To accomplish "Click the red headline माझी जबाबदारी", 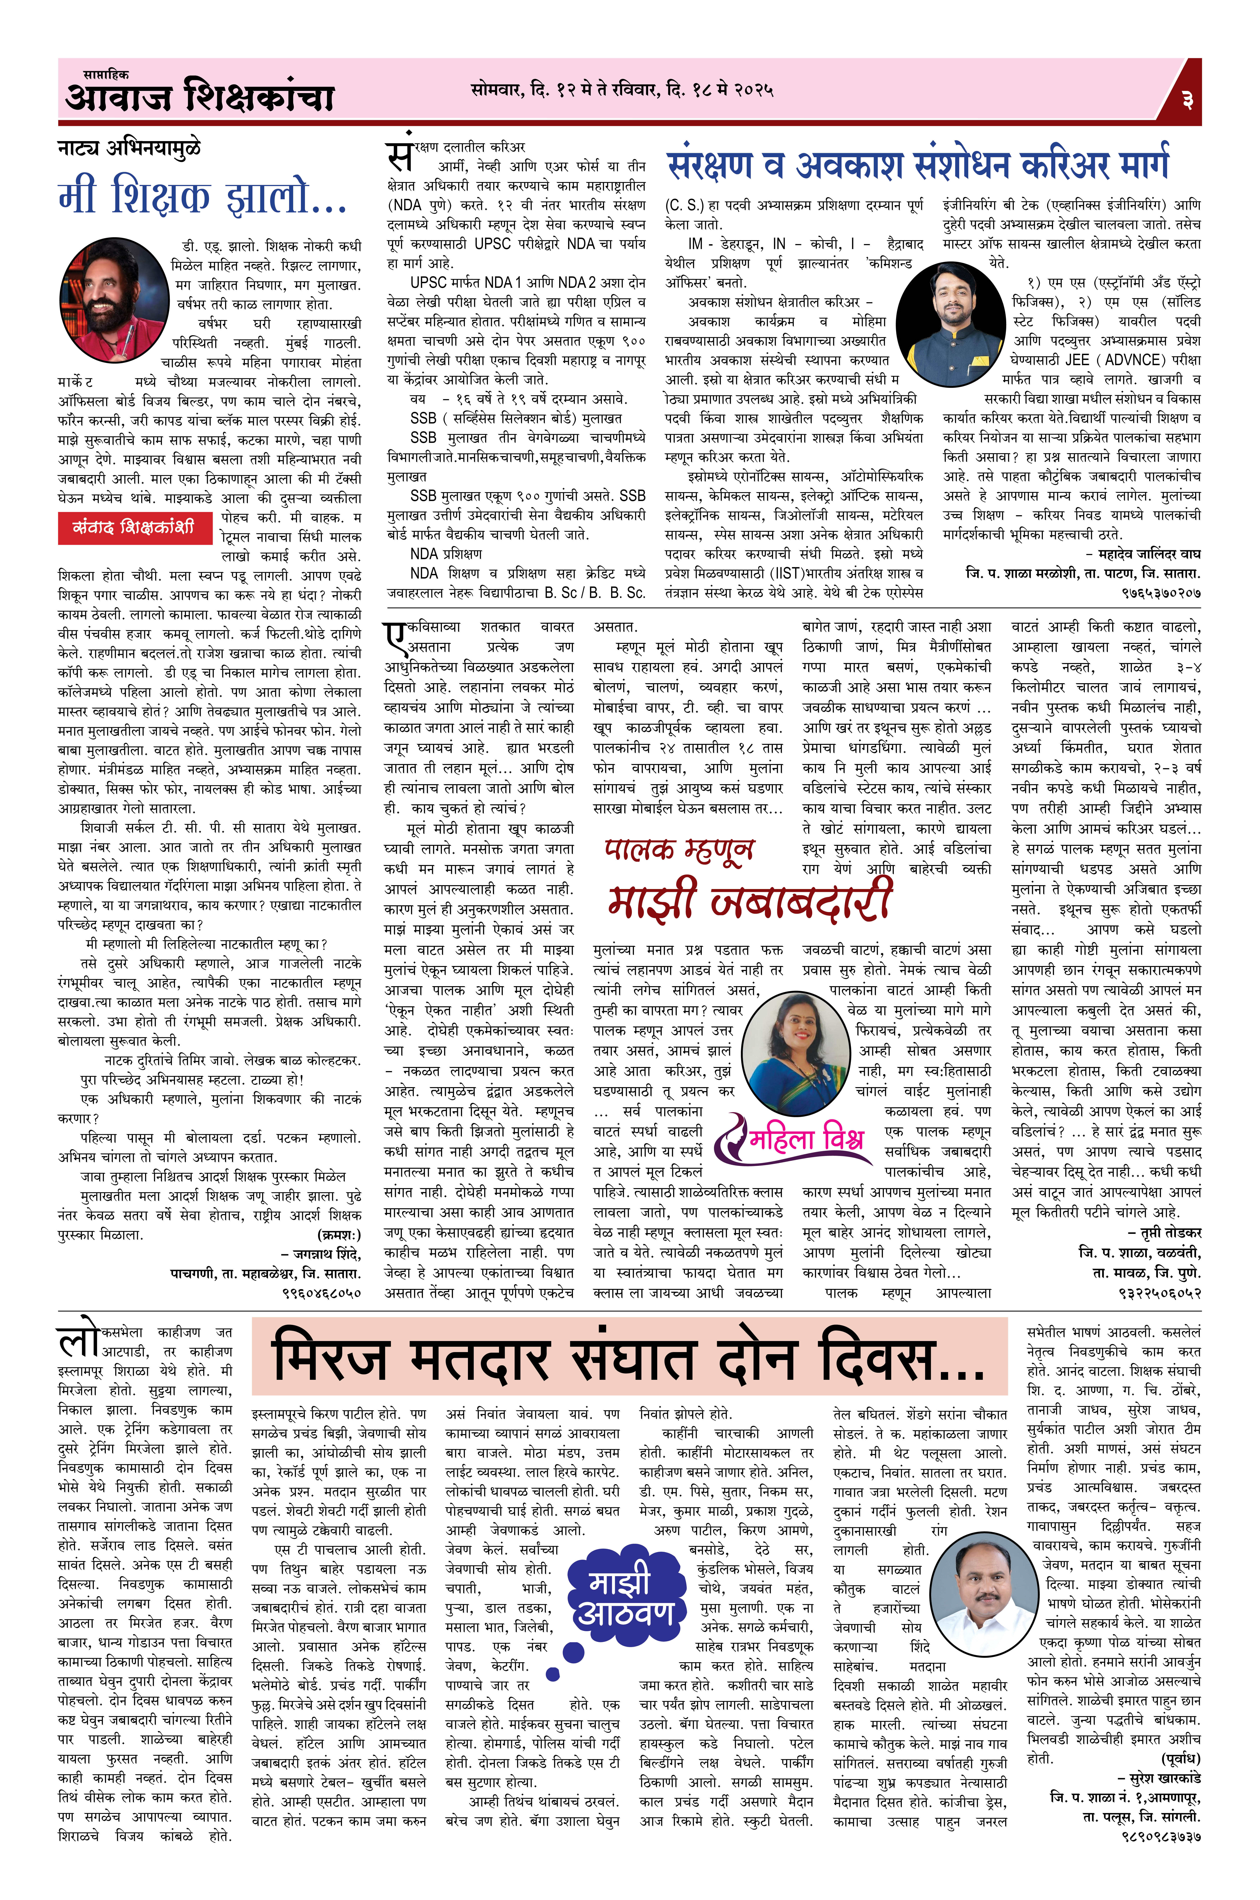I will pyautogui.click(x=749, y=897).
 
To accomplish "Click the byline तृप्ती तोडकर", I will pyautogui.click(x=1164, y=1232).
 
